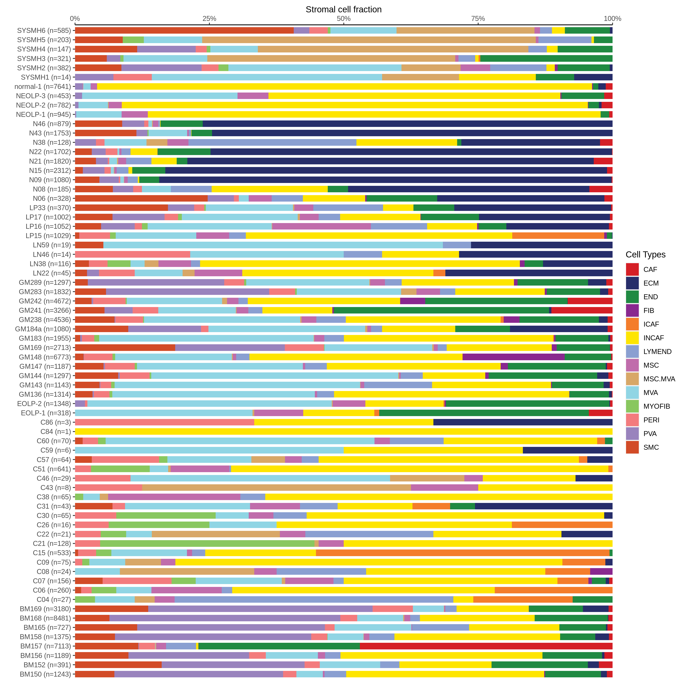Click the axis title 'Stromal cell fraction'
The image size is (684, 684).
343,9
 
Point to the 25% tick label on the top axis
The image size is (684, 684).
209,19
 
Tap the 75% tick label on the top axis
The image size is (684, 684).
478,19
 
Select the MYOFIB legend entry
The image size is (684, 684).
656,406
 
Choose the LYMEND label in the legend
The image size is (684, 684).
657,351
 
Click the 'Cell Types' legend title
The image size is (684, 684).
645,255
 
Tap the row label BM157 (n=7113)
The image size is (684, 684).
45,646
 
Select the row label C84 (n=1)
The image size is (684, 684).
56,431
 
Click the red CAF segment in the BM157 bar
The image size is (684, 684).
486,646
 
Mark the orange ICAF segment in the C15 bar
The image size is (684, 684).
462,553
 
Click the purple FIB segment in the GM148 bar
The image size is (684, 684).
513,357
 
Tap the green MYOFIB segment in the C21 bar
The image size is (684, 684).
207,543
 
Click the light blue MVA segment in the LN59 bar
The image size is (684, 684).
273,245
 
